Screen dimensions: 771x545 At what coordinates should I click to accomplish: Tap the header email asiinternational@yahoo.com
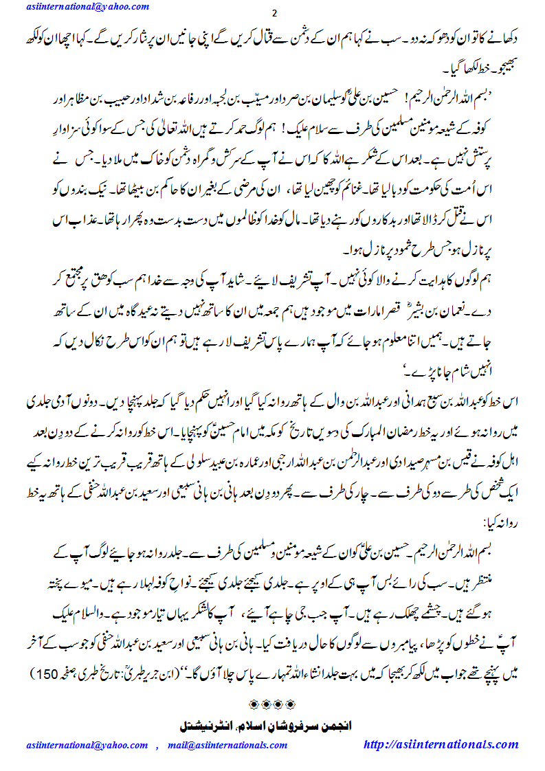click(89, 6)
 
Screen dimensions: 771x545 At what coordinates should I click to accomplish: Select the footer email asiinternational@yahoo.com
click(88, 745)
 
